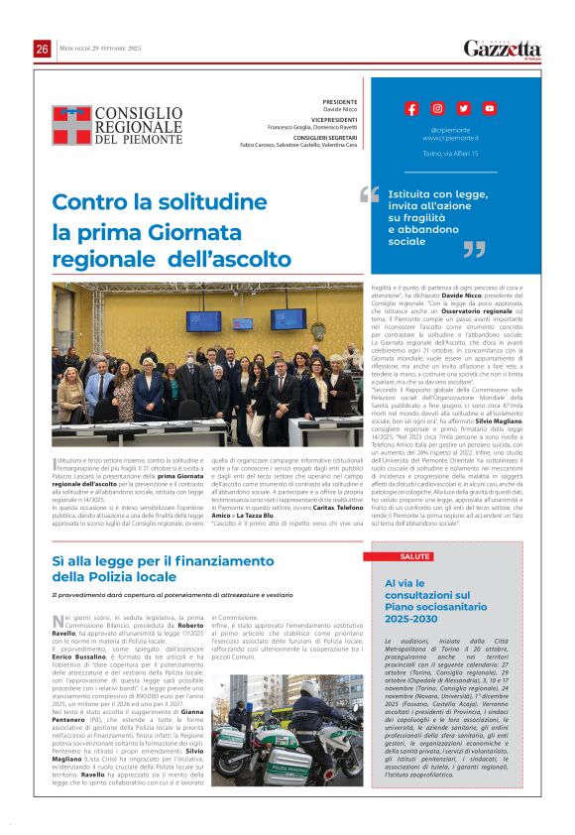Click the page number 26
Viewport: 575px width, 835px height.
coord(43,49)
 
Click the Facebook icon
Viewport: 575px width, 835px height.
coord(411,108)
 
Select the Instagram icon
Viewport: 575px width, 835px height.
coord(437,108)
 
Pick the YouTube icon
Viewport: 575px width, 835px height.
coord(489,108)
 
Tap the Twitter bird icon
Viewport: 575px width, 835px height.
coord(463,108)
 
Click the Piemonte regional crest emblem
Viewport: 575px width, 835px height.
coord(71,125)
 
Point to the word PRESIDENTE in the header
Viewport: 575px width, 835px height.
coord(339,102)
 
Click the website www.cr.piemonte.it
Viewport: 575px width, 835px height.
coord(449,138)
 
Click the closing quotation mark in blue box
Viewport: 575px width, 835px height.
coord(475,250)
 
